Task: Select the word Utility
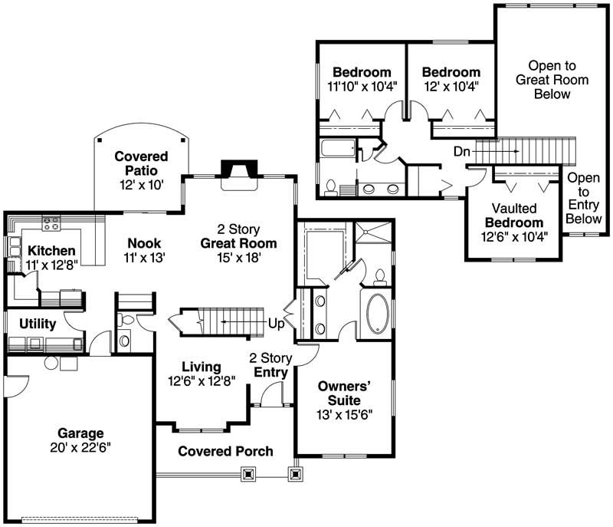coord(37,324)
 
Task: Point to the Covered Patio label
coord(141,156)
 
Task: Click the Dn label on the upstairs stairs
coord(462,152)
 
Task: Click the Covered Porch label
coord(225,451)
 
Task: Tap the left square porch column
coord(247,475)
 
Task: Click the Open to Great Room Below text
coord(552,80)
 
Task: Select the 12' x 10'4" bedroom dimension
coord(451,87)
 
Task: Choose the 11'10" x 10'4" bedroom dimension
coord(361,87)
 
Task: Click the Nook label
coord(144,244)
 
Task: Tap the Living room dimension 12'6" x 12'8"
coord(202,380)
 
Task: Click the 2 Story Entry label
coord(269,365)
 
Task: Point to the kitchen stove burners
coord(52,224)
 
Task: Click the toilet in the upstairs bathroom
coord(332,186)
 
